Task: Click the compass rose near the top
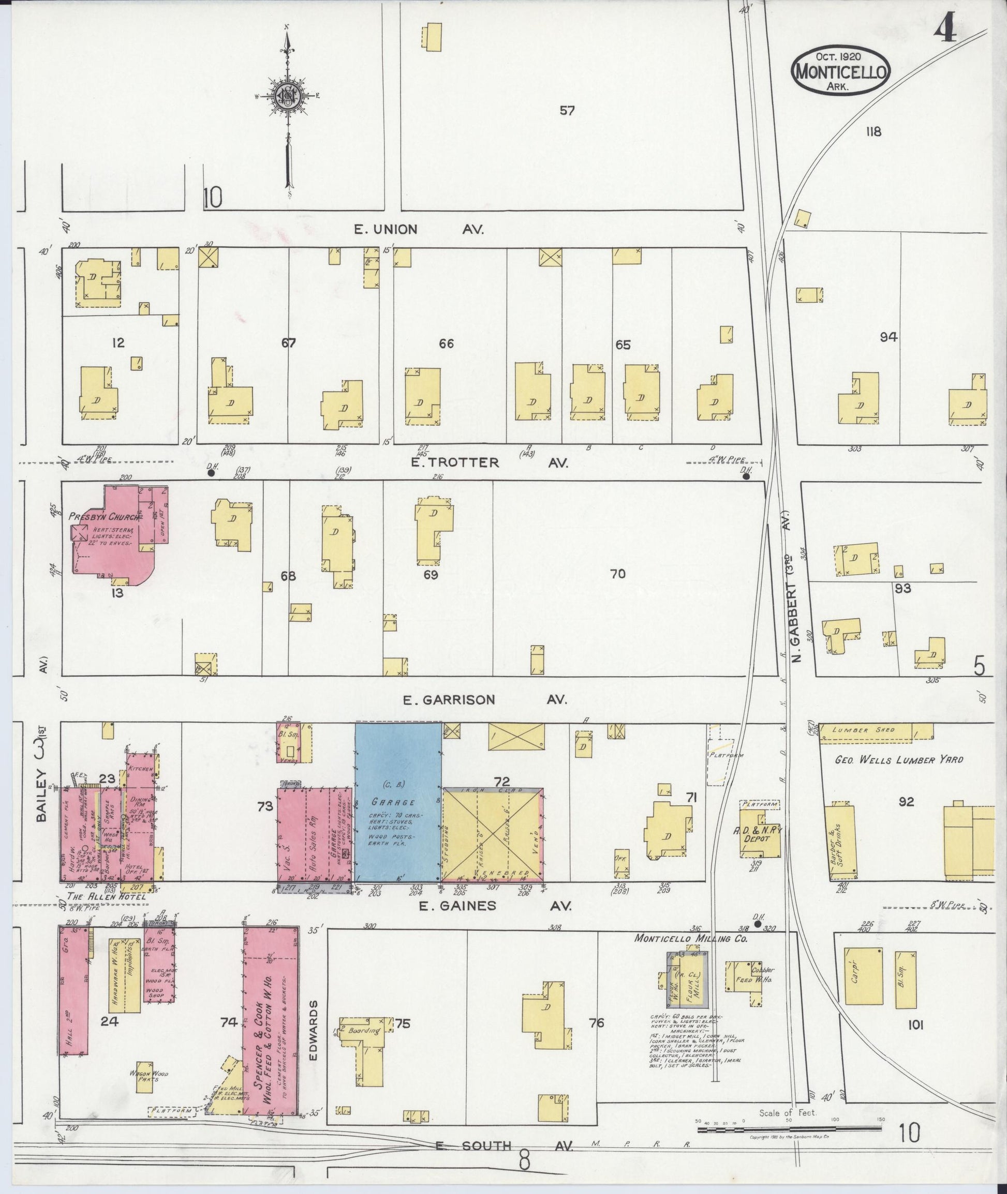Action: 288,95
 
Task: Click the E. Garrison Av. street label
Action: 485,700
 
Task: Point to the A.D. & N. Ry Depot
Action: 760,835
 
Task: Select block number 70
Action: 618,574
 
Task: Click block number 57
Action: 567,111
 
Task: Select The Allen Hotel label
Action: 106,897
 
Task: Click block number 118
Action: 873,132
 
